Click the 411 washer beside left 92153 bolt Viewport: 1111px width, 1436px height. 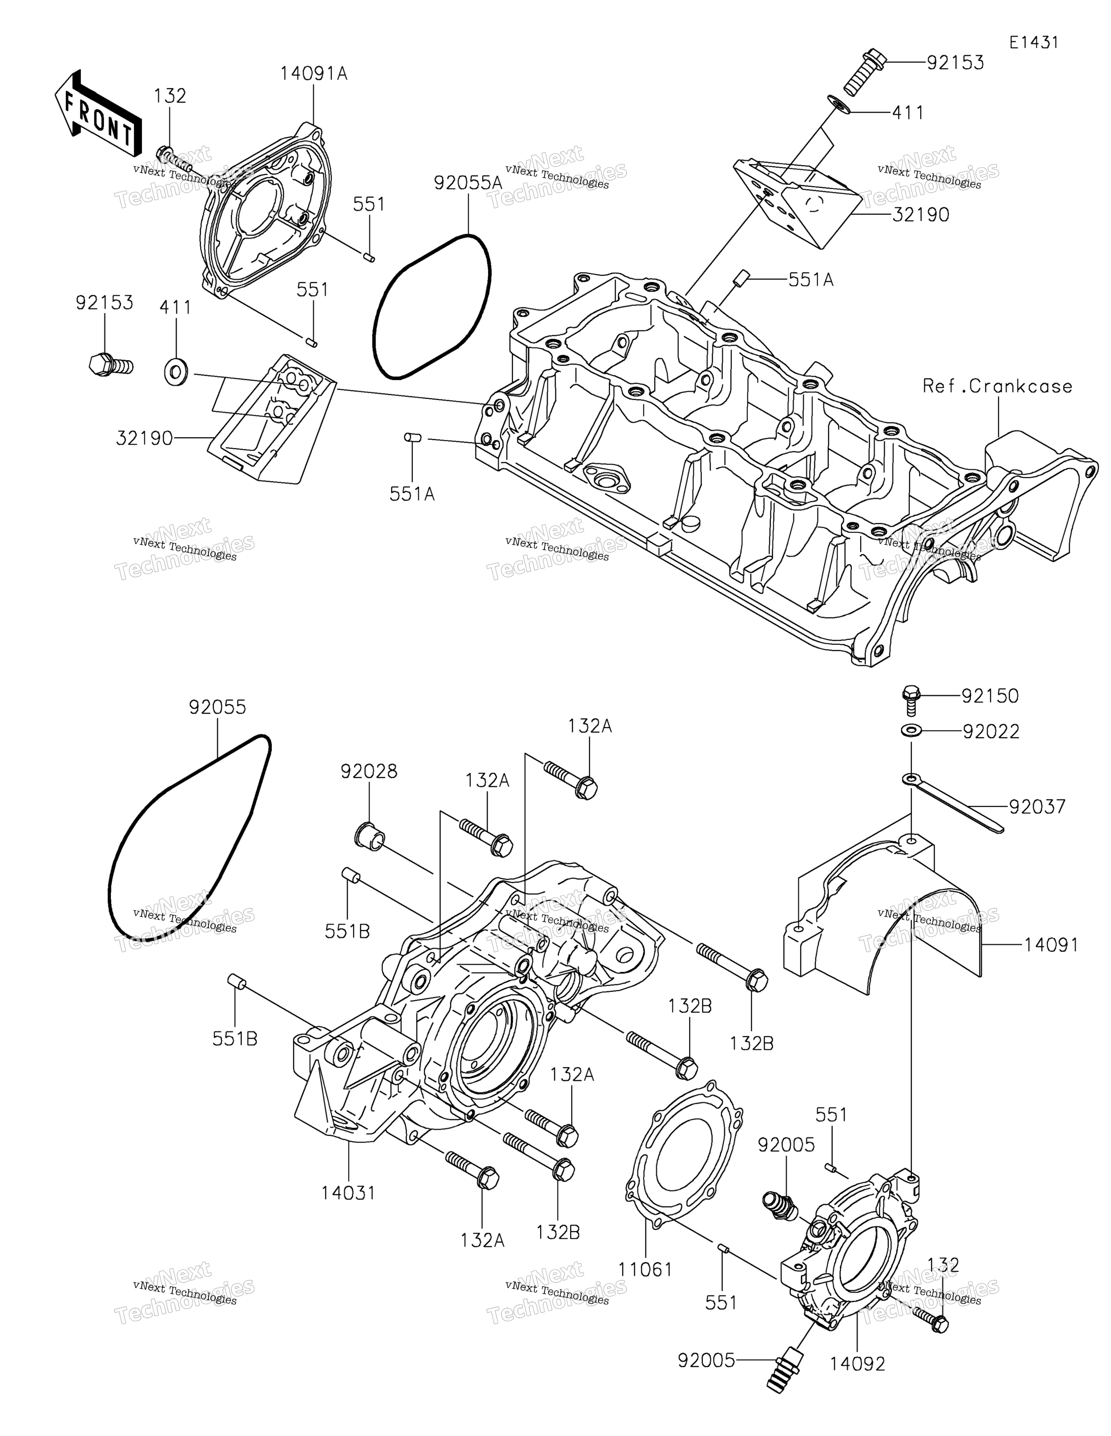pyautogui.click(x=175, y=372)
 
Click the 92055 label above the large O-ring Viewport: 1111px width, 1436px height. pyautogui.click(x=217, y=707)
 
